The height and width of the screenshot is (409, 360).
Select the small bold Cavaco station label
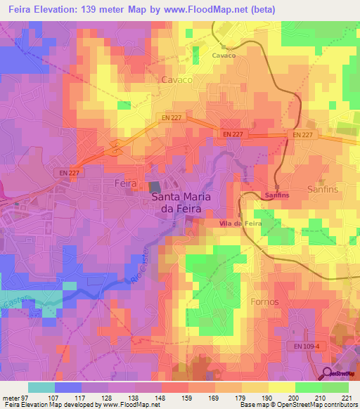[x=224, y=54]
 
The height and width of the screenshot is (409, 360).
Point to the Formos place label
[x=264, y=301]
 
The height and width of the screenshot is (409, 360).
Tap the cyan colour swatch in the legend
[x=41, y=387]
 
